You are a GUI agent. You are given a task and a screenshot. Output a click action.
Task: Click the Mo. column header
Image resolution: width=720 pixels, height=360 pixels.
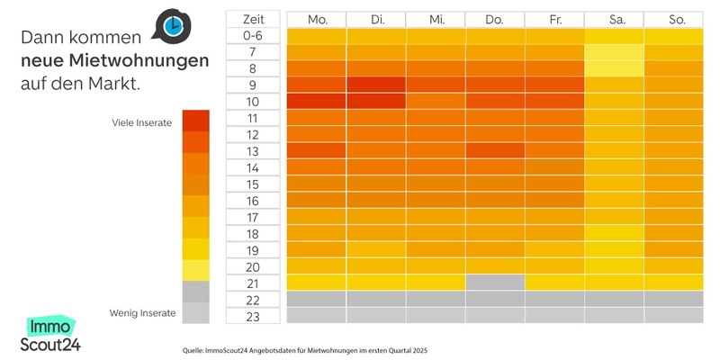tap(317, 19)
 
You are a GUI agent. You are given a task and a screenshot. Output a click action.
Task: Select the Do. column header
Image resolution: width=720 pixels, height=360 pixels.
tap(494, 19)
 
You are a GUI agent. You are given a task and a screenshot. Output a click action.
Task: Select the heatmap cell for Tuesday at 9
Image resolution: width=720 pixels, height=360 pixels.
tap(376, 85)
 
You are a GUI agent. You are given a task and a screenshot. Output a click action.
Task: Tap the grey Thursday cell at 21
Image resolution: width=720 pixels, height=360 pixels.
tap(494, 283)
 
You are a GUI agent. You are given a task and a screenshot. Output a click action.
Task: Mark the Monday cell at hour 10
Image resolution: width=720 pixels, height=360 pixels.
tap(317, 102)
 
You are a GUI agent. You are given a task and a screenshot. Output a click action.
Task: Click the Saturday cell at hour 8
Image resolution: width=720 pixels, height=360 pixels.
tap(614, 69)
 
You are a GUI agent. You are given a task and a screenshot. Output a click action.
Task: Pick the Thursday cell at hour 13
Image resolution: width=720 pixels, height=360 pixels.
tap(494, 151)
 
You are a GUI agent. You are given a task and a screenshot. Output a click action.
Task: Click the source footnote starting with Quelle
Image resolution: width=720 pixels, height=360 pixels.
tap(304, 349)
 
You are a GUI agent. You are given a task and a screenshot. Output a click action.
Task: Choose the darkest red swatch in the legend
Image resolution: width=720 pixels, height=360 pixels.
tap(195, 121)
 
